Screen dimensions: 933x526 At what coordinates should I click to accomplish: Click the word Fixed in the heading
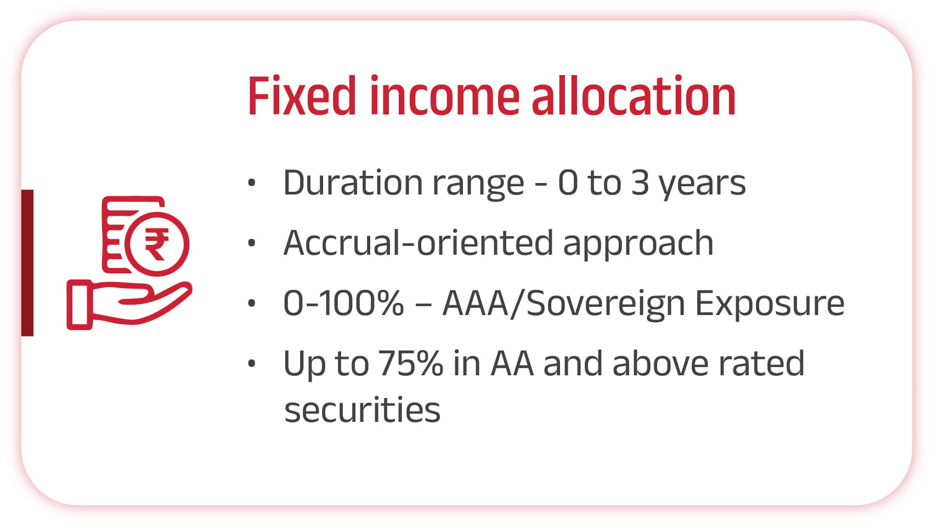tap(302, 95)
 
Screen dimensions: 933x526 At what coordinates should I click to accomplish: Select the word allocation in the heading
tap(634, 95)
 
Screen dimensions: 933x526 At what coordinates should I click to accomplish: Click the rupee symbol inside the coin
tap(157, 244)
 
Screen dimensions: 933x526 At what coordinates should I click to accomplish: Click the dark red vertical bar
tap(27, 262)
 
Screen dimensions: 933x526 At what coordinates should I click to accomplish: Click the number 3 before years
tap(640, 182)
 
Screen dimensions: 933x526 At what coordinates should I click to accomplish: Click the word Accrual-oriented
tap(418, 243)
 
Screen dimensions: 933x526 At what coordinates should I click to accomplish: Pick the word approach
tap(638, 245)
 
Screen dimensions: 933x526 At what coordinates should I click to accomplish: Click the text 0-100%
tap(343, 303)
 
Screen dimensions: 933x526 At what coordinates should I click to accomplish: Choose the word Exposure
tap(770, 305)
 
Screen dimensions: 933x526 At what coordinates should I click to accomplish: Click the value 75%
tap(411, 363)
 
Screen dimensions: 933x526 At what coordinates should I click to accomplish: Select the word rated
tap(762, 363)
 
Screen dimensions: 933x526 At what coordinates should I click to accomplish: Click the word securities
tap(362, 409)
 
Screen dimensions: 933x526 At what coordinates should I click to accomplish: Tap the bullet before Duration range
tap(251, 182)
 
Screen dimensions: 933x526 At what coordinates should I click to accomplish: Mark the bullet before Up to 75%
tap(251, 363)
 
